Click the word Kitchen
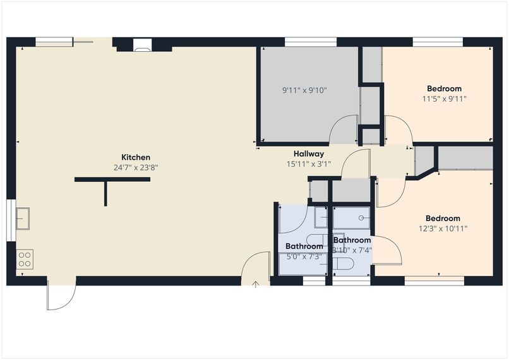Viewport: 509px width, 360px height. tap(136, 157)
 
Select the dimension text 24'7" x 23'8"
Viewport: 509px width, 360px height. tap(136, 168)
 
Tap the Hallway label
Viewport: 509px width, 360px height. tap(309, 153)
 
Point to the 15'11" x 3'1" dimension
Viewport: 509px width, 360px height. tap(309, 164)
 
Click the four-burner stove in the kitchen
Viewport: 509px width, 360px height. tap(25, 259)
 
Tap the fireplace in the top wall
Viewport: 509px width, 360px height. tap(143, 45)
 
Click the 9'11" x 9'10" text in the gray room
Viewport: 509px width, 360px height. tap(304, 90)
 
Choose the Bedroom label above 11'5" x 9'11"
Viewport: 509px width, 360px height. tap(444, 88)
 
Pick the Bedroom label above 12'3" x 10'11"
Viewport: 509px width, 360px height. tap(443, 219)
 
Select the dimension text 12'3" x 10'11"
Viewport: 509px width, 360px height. tap(443, 229)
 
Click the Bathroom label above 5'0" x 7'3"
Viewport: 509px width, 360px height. tap(304, 246)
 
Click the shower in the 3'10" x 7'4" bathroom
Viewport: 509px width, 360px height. tap(352, 217)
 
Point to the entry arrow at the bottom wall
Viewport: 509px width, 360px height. tap(255, 285)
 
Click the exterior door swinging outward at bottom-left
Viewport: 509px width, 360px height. tap(61, 296)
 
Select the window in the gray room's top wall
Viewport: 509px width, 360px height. tap(310, 42)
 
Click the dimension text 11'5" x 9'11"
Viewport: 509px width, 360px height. tap(444, 99)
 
